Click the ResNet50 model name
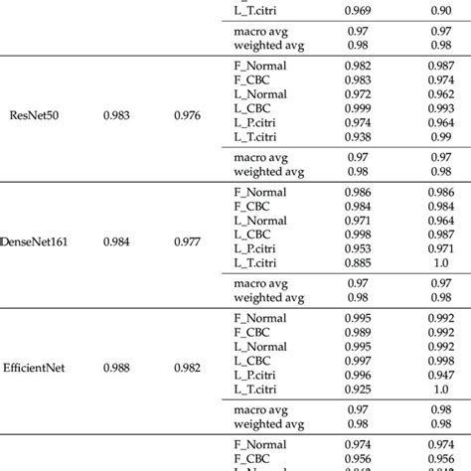33,115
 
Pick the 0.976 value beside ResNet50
187,115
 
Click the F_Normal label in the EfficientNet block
259,317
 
